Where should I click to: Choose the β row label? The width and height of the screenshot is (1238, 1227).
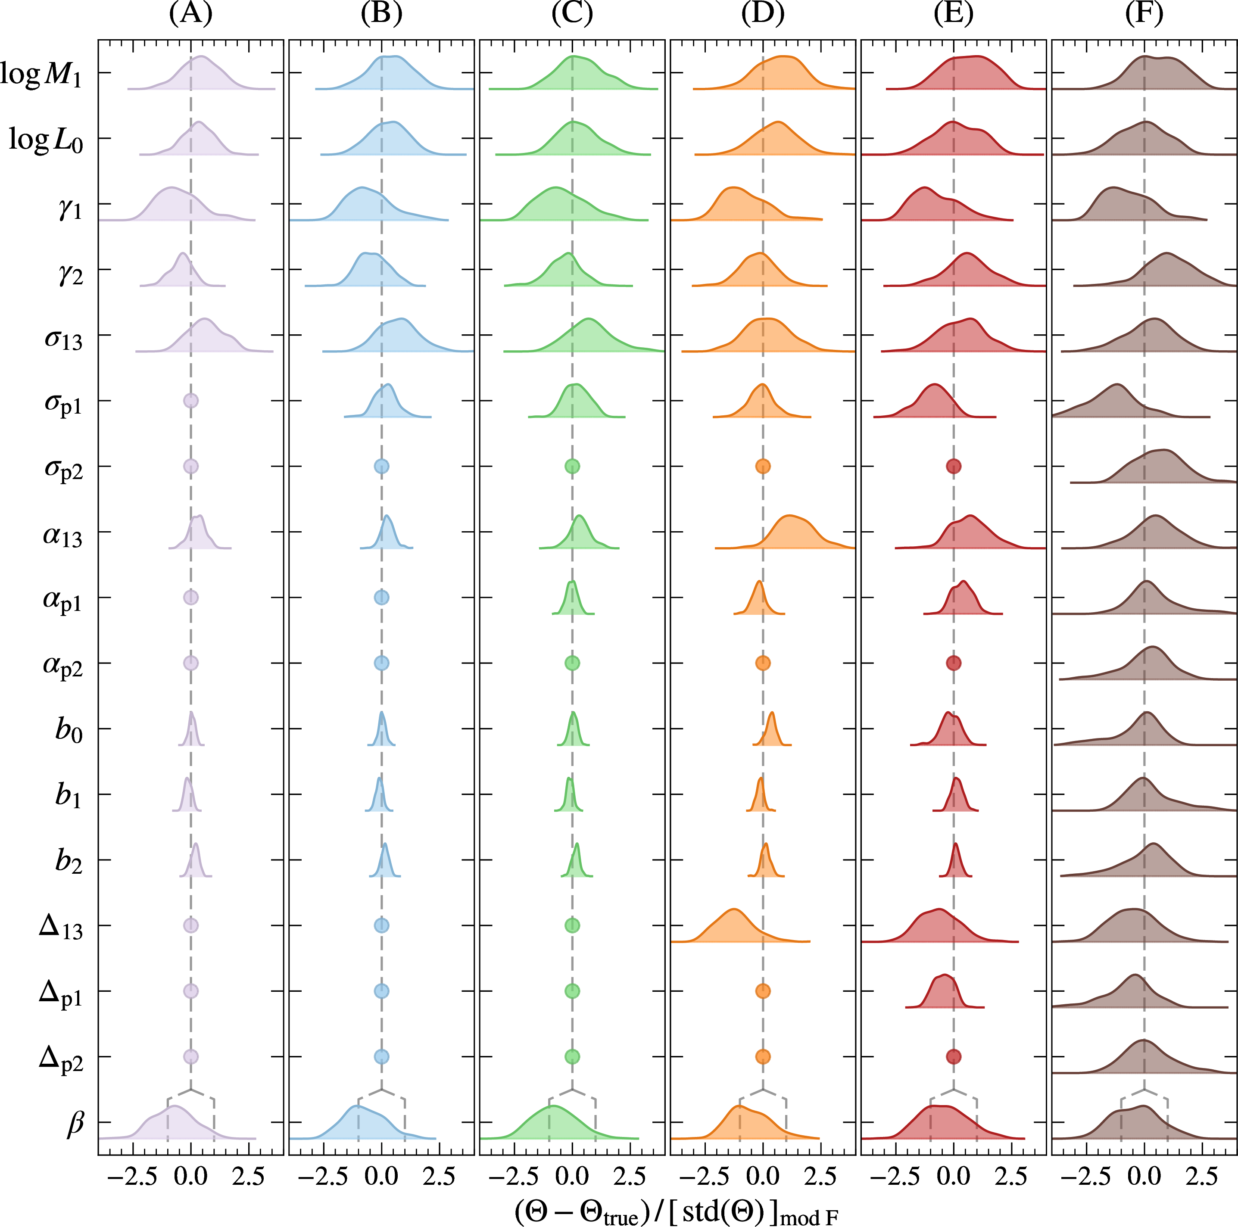point(75,1123)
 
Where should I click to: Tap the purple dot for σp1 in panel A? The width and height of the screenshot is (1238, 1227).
point(190,401)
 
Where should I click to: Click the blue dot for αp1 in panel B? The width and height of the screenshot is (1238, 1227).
point(381,597)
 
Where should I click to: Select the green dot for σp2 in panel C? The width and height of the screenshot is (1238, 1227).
point(572,467)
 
